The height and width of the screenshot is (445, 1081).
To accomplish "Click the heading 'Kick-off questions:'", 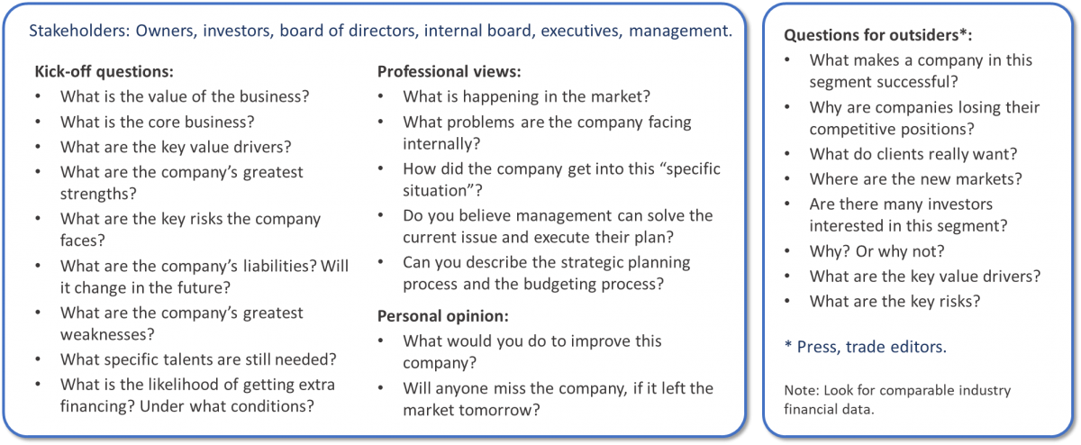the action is (x=104, y=71).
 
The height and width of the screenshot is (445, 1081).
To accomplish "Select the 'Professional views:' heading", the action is (x=449, y=71).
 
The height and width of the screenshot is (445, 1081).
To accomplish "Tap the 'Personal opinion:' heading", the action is (x=442, y=316).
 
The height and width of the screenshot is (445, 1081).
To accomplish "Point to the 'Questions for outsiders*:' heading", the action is (x=877, y=35).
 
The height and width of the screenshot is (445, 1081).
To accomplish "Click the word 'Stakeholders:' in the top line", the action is (x=79, y=31).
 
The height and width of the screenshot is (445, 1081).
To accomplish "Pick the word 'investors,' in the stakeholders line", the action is (x=236, y=31).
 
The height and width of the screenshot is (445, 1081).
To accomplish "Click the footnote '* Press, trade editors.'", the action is (x=866, y=347).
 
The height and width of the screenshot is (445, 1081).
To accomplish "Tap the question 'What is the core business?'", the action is (x=158, y=123).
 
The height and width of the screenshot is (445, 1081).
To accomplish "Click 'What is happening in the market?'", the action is (x=526, y=97).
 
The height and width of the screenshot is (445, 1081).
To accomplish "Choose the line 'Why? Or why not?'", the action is (x=877, y=251).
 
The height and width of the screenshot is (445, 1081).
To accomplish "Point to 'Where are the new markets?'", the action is (x=915, y=179).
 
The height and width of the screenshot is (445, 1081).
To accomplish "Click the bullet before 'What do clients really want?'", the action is (x=787, y=154).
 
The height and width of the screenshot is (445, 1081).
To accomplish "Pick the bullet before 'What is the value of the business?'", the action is (x=38, y=96).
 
